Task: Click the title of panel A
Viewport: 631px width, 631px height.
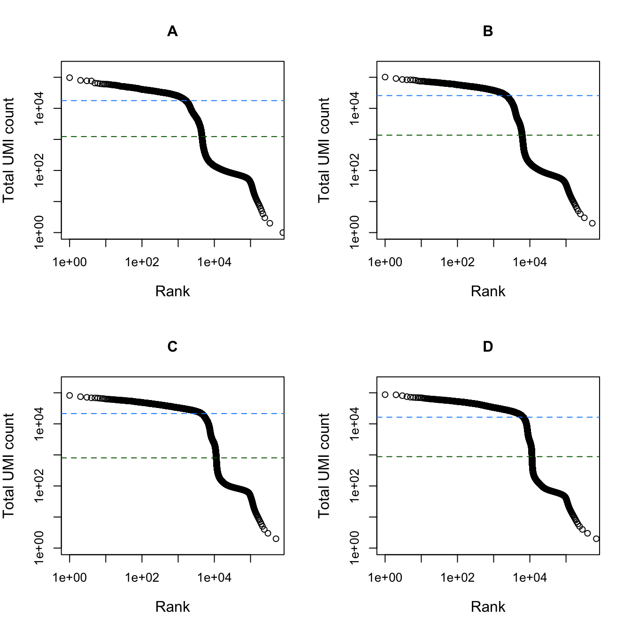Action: pos(172,31)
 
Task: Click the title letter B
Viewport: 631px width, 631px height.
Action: pos(488,31)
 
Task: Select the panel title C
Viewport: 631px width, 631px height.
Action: pos(172,347)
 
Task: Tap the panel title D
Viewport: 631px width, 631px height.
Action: pos(488,347)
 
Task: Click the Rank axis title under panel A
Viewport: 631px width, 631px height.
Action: pos(172,292)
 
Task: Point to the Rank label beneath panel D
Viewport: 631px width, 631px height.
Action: pos(488,607)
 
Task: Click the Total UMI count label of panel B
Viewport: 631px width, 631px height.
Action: pos(324,150)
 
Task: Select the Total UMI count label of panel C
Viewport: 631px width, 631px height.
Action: pos(8,466)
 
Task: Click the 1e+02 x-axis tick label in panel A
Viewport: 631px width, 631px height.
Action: pos(142,262)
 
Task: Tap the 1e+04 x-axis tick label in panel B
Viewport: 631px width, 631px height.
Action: pos(530,262)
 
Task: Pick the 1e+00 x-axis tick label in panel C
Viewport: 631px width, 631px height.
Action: pos(69,578)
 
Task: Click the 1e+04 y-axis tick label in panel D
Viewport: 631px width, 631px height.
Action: pos(354,424)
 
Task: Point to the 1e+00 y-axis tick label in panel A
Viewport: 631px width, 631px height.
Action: pos(39,232)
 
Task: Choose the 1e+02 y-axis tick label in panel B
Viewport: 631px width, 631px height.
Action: pos(354,170)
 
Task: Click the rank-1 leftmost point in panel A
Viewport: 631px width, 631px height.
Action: pos(69,77)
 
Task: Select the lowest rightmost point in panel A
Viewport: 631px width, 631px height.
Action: pos(282,232)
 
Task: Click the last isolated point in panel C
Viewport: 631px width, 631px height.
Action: pos(276,539)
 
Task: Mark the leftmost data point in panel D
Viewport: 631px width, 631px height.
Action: pos(385,394)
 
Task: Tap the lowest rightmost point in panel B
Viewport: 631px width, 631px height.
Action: pos(592,223)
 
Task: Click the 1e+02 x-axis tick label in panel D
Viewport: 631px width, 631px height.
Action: pos(457,578)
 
